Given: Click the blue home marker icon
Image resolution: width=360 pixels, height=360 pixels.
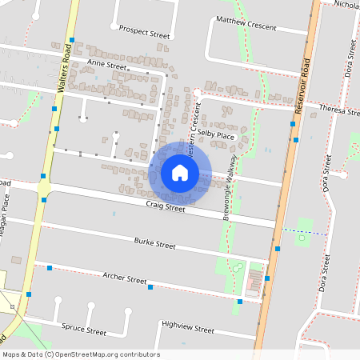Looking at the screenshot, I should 180,173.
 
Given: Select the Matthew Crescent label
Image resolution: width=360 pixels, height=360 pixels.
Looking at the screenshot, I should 246,23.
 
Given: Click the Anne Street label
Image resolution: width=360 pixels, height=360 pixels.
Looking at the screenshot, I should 107,63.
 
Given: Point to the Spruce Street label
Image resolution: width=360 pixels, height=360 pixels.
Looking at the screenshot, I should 84,330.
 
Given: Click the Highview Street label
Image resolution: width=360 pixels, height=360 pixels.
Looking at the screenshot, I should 187,328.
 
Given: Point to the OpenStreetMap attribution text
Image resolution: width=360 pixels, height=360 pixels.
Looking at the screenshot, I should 81,354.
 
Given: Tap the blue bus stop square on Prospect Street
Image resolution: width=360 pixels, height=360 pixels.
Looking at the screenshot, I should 72,39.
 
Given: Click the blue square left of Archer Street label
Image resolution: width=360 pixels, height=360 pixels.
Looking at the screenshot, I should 50,267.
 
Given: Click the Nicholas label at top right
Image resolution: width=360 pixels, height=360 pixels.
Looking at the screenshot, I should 347,5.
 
